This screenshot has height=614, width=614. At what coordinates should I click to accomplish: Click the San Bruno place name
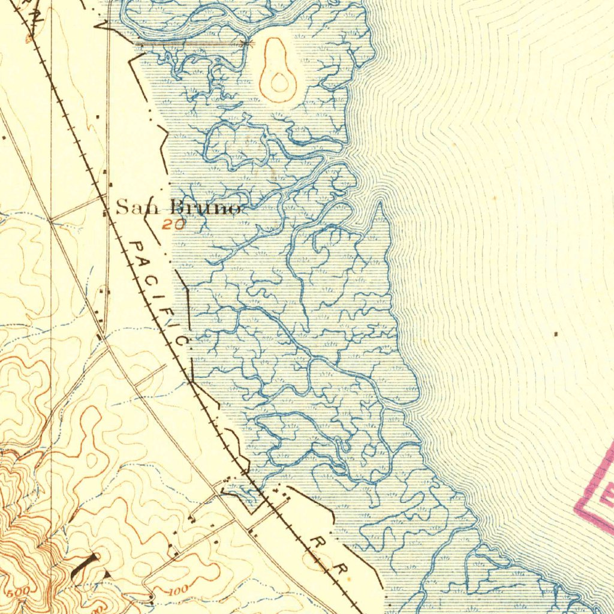click(178, 207)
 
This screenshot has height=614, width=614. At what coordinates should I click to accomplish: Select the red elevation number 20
click(173, 225)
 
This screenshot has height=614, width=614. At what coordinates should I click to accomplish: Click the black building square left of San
click(106, 211)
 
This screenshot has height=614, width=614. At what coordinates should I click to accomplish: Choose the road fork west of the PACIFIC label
click(104, 338)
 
